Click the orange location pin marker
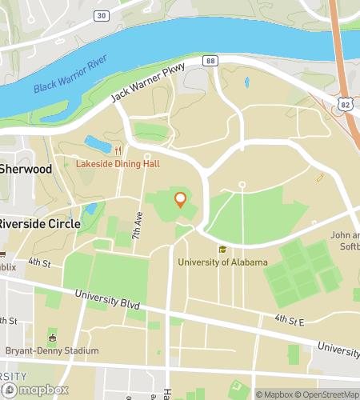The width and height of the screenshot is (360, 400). click(181, 200)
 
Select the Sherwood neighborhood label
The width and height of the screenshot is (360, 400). click(26, 170)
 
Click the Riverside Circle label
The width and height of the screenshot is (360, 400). click(39, 224)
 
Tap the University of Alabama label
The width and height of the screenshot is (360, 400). click(222, 262)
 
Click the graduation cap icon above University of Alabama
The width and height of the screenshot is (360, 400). click(222, 249)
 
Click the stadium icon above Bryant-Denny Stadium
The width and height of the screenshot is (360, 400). click(52, 338)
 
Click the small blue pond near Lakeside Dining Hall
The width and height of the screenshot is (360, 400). click(98, 145)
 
